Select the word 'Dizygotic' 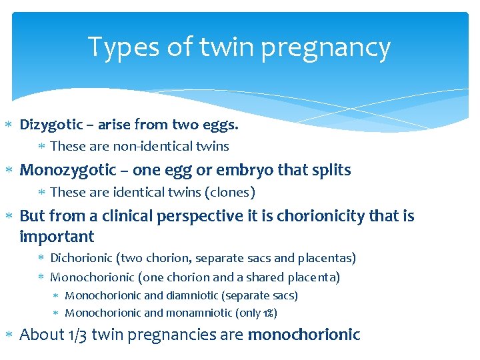(50, 125)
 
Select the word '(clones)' (231, 193)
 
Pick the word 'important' (57, 237)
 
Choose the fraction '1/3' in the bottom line (78, 335)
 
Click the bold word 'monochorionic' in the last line (303, 335)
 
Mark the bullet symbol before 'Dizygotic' (9, 125)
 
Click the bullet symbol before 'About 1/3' (9, 335)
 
